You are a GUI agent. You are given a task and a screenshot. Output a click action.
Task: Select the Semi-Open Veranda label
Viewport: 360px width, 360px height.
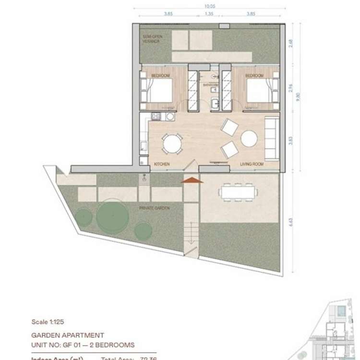(x=149, y=39)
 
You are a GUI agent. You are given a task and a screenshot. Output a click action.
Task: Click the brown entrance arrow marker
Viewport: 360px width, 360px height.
(x=192, y=180)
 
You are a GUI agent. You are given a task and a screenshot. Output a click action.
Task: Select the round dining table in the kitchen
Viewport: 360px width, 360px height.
(x=171, y=143)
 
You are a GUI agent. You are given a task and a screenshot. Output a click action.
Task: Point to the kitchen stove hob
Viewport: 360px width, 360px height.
(x=156, y=116)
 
